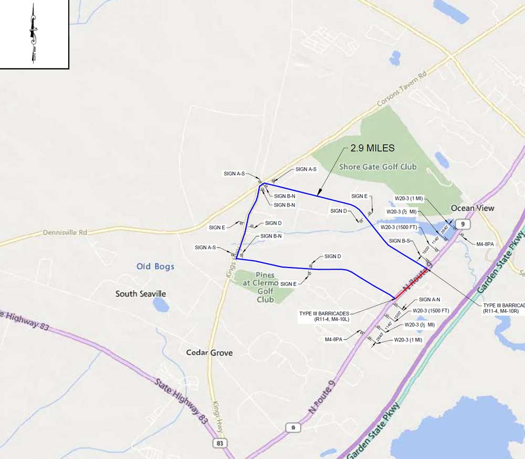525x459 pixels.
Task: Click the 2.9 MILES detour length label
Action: tap(373, 149)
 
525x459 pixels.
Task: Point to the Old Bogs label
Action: tap(155, 267)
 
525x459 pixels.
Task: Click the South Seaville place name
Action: tap(141, 293)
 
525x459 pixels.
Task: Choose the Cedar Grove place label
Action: tap(209, 353)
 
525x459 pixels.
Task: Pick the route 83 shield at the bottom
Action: tap(220, 444)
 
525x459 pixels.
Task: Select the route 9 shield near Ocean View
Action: tap(462, 225)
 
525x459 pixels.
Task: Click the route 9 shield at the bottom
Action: tap(293, 427)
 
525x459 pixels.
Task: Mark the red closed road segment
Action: tap(412, 285)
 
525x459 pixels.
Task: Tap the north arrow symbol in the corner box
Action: tap(33, 33)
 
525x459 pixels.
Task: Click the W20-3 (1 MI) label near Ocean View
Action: tap(409, 199)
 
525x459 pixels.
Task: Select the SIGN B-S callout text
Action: tap(400, 241)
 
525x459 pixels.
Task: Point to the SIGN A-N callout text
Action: tap(430, 299)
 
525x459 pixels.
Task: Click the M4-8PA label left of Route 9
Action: tap(334, 340)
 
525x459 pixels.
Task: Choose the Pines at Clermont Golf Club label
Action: tap(265, 287)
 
